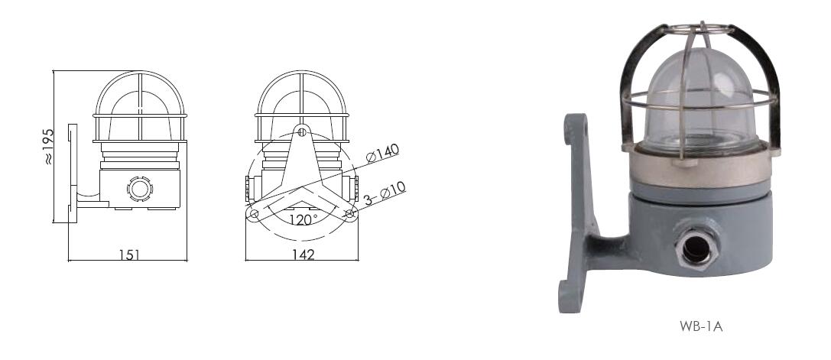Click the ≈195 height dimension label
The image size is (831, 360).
coord(48,146)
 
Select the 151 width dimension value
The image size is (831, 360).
coord(129,255)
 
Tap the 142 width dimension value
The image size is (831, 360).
coord(304,255)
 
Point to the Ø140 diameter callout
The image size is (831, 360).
coord(382,153)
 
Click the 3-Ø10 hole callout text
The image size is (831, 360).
coord(385,193)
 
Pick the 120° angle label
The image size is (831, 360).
coord(304,219)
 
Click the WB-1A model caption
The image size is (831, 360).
coord(701,326)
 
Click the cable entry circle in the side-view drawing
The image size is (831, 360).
coord(140,188)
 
